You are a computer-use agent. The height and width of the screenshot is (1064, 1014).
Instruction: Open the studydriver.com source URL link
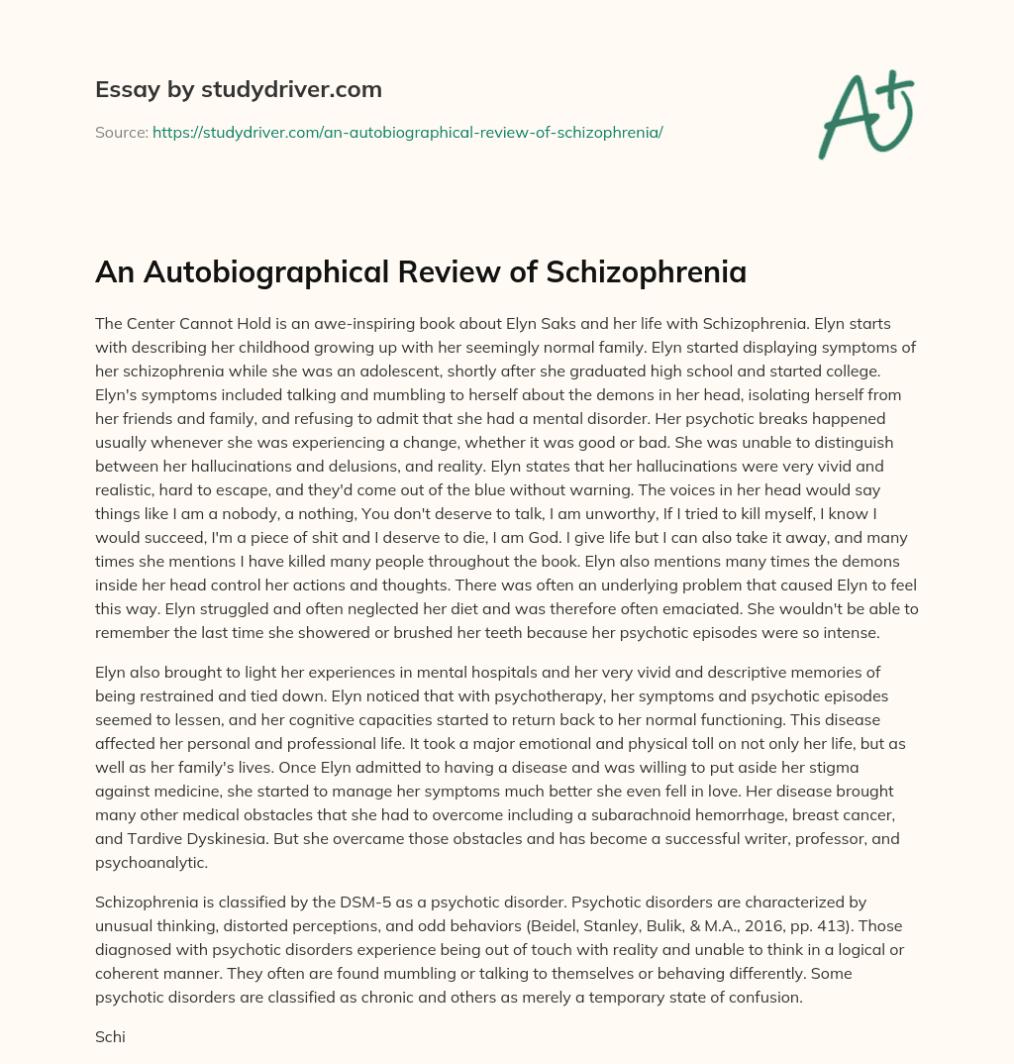[x=407, y=132]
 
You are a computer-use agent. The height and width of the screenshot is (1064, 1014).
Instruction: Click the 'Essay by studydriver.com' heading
[x=239, y=90]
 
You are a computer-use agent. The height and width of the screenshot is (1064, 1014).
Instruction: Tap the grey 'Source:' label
[x=121, y=132]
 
